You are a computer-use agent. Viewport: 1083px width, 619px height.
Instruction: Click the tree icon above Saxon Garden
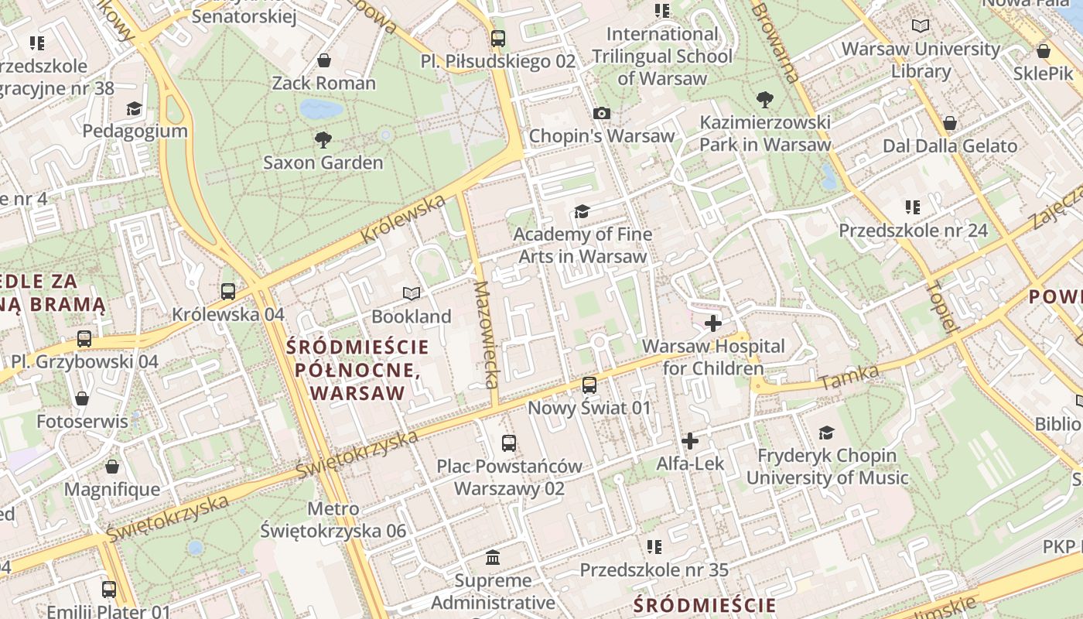(323, 140)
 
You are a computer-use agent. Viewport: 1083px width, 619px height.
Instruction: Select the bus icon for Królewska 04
(228, 292)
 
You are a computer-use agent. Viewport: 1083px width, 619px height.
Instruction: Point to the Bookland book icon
(412, 294)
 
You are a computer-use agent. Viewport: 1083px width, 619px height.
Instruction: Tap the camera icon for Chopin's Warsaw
(602, 114)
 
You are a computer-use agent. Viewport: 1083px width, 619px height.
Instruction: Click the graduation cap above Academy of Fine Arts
(582, 211)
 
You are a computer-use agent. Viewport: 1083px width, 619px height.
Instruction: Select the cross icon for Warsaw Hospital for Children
(713, 323)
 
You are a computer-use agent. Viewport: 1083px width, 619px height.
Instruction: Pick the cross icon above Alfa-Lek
(690, 442)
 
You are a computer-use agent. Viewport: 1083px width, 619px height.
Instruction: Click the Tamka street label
(849, 378)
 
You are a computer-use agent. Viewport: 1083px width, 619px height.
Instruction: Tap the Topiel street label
(941, 306)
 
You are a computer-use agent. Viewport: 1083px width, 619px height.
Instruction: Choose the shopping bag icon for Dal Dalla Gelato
(950, 124)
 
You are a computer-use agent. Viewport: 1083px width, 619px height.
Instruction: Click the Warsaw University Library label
(921, 60)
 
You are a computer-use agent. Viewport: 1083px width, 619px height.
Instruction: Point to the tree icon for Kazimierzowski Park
(765, 100)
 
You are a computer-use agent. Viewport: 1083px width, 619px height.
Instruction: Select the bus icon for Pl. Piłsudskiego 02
(498, 39)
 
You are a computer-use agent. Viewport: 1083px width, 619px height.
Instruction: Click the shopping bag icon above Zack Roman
(324, 60)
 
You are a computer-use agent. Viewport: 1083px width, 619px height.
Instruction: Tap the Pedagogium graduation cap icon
(135, 108)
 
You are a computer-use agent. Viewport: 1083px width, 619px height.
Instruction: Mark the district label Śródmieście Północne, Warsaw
(357, 369)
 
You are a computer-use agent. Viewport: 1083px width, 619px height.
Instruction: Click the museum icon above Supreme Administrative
(493, 558)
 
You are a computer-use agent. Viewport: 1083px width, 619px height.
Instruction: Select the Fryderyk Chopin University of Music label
(827, 467)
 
